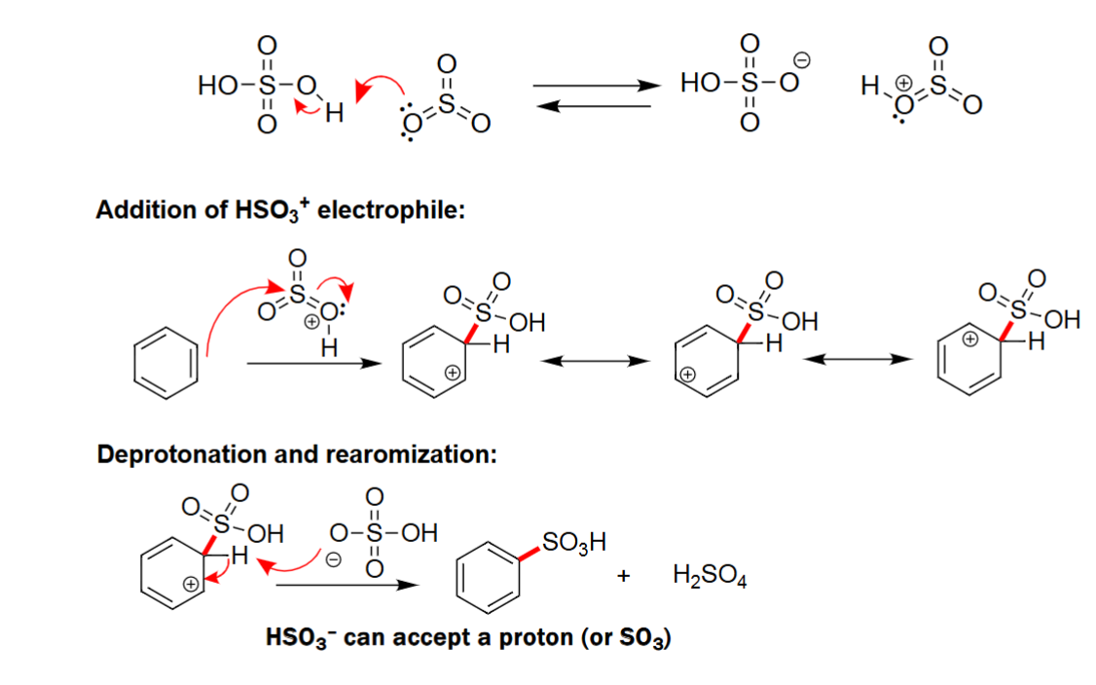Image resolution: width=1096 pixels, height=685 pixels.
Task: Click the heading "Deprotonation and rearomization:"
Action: point(297,454)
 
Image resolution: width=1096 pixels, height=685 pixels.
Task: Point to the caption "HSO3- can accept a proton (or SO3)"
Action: point(468,638)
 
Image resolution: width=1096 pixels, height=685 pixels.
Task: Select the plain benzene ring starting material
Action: point(169,362)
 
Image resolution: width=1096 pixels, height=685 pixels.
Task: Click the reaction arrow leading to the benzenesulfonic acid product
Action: point(347,586)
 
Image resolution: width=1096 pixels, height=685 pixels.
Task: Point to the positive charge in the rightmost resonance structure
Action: point(969,340)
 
